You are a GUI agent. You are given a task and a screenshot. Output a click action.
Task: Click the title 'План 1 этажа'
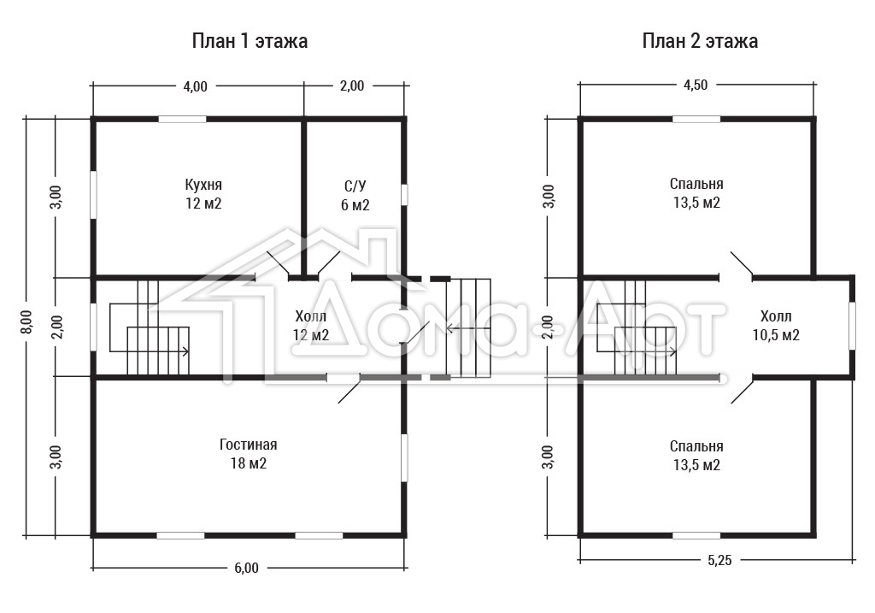(250, 41)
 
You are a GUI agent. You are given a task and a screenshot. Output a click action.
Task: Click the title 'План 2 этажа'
(700, 41)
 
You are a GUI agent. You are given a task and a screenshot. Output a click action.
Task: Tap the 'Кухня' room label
(203, 185)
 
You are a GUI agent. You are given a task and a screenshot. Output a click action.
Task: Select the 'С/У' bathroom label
(355, 186)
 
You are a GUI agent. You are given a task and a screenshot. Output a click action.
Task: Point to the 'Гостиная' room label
(249, 445)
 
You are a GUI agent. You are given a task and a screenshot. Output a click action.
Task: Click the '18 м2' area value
(249, 463)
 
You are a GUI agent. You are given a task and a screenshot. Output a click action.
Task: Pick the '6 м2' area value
(355, 205)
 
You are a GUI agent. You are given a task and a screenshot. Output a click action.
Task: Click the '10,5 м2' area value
(776, 335)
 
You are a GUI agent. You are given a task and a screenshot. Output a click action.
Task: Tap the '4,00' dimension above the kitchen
(196, 86)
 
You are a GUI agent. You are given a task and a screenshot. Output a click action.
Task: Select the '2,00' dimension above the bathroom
(352, 86)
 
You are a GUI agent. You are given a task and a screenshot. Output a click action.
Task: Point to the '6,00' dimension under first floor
(246, 568)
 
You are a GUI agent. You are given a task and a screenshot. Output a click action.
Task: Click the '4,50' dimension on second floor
(696, 85)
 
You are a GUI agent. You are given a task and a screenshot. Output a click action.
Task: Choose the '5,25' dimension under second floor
(719, 560)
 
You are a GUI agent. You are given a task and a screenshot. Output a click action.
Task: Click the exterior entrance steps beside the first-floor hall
(469, 328)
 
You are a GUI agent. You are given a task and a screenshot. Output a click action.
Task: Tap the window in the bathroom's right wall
(404, 195)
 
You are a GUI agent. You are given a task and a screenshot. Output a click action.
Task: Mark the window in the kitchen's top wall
(183, 119)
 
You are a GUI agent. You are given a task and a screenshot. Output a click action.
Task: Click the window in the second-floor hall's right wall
(852, 326)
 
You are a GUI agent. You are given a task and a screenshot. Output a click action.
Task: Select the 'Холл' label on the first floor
(311, 316)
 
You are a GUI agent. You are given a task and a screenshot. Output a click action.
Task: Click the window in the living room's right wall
(404, 457)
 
